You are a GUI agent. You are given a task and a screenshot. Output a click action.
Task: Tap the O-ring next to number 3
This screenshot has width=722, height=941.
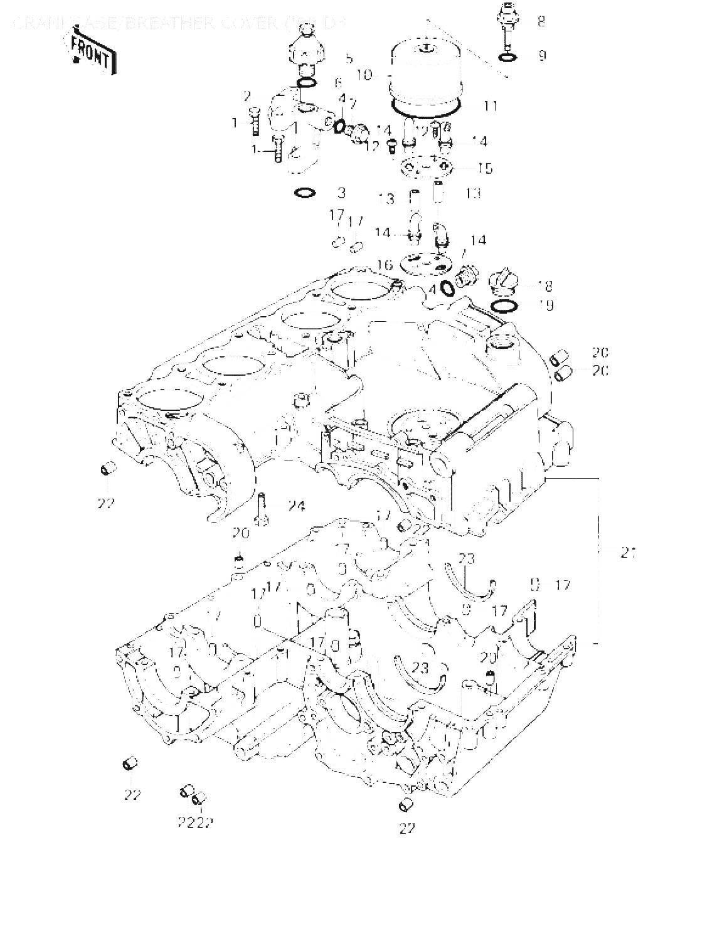pos(304,193)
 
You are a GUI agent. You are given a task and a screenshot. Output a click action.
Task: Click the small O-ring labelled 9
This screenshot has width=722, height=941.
pos(509,58)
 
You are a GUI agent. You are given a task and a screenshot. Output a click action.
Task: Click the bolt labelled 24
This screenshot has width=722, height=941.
pos(262,507)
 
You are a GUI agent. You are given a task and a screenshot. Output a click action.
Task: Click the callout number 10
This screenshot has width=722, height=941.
pos(364,75)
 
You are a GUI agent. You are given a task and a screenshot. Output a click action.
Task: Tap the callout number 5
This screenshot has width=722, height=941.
pos(349,58)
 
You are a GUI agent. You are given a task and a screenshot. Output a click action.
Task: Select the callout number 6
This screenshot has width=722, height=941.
pos(339,82)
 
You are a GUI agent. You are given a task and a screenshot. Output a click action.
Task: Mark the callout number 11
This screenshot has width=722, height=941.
pos(490,106)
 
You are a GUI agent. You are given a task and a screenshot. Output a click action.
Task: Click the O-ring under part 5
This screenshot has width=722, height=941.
pos(305,83)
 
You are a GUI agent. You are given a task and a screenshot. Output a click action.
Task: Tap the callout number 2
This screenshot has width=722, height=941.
pos(247,96)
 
